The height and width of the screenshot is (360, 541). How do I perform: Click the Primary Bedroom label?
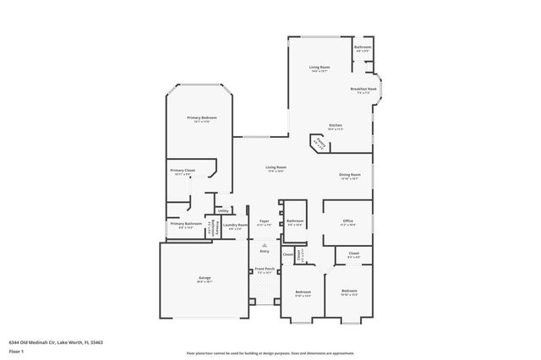201,117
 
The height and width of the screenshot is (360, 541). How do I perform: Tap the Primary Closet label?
183,171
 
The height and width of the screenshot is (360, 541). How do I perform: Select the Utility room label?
223,210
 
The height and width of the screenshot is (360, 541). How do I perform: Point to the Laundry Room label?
238,225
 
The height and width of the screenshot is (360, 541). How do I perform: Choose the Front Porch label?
265,270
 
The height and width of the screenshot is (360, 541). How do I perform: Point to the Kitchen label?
336,125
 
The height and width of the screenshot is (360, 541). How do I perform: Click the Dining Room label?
350,175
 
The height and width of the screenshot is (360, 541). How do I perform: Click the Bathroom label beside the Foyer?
295,222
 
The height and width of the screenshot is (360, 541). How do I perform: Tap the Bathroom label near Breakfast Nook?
363,47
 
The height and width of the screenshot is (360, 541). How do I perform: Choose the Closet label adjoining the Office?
353,254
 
